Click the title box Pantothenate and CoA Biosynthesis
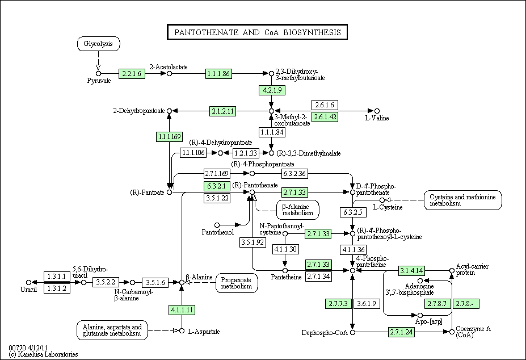(x=257, y=32)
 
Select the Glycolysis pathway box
(x=98, y=44)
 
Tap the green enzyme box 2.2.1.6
(x=132, y=74)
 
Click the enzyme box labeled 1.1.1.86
(x=218, y=74)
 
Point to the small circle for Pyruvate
(x=98, y=74)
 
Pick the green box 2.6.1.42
(x=325, y=117)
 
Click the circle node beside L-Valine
(x=377, y=111)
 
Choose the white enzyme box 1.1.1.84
(x=272, y=132)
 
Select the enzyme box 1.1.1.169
(x=170, y=137)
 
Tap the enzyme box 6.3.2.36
(x=294, y=174)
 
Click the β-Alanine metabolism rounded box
(x=298, y=210)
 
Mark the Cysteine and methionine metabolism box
(x=462, y=200)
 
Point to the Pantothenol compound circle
(x=217, y=225)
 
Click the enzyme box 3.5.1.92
(x=253, y=242)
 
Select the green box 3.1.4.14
(x=411, y=270)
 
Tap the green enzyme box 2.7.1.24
(x=402, y=332)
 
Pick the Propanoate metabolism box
(x=237, y=283)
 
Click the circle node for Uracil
(x=28, y=282)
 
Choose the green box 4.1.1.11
(x=182, y=309)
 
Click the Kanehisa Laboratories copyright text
(x=43, y=354)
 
